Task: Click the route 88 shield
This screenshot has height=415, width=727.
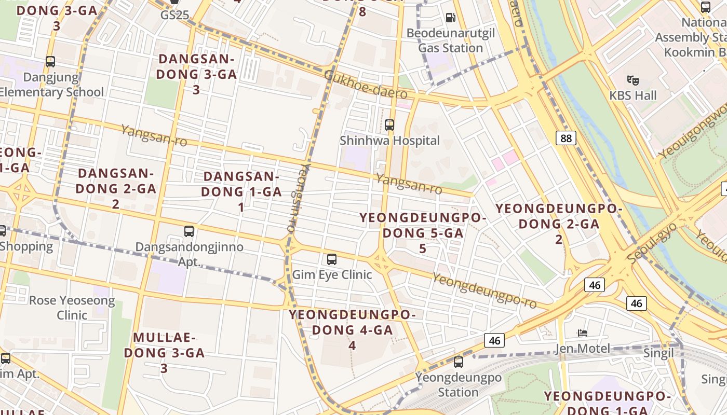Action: [x=566, y=138]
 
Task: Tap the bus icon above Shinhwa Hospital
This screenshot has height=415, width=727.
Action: [x=389, y=125]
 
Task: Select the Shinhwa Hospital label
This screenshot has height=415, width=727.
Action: [x=389, y=141]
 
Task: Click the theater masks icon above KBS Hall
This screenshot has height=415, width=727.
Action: [x=632, y=80]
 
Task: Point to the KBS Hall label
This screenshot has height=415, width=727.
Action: [x=632, y=95]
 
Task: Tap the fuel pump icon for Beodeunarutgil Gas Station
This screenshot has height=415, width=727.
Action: [x=450, y=18]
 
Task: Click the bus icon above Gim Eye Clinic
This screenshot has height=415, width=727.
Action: [x=332, y=259]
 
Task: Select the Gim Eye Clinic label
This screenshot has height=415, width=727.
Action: [x=332, y=274]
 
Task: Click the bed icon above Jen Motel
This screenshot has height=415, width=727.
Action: [x=583, y=333]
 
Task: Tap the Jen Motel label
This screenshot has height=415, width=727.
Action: [x=583, y=348]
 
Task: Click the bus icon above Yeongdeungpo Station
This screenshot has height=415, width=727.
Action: [x=458, y=362]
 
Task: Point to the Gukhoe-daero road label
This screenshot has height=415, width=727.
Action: [x=366, y=85]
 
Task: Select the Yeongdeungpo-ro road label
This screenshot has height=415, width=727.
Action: [x=484, y=291]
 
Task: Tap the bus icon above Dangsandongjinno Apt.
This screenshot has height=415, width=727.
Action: [x=189, y=231]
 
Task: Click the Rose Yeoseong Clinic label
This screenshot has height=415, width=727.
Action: [x=72, y=308]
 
